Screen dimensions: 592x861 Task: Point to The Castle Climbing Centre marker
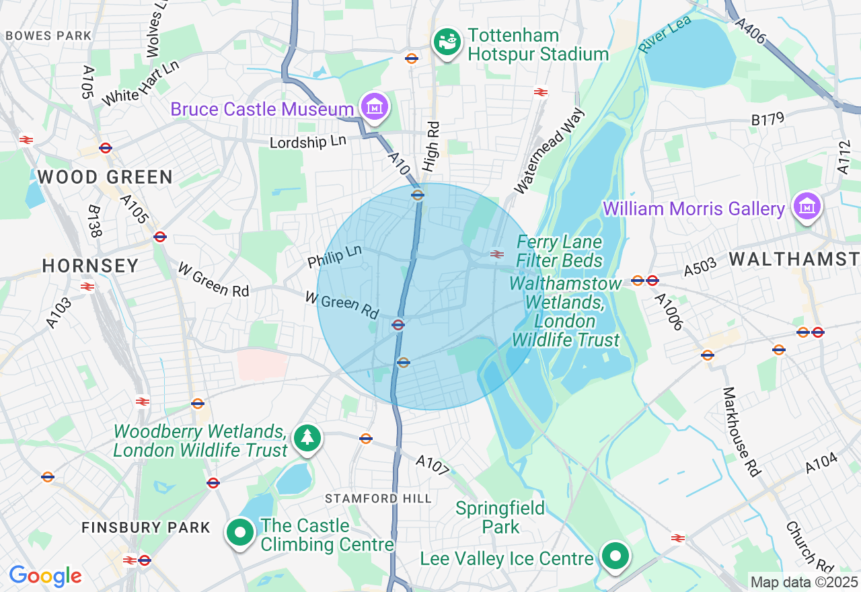click(x=240, y=533)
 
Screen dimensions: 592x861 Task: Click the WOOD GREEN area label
click(x=105, y=178)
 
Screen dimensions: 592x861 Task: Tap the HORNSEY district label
click(x=90, y=266)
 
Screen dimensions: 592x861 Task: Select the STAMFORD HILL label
click(x=378, y=498)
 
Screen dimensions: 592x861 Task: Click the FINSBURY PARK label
click(x=146, y=527)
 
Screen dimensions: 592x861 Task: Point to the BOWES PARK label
click(x=48, y=35)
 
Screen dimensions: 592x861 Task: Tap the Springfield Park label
click(x=500, y=517)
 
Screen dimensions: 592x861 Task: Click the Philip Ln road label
click(x=334, y=256)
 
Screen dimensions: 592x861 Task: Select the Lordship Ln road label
click(x=308, y=143)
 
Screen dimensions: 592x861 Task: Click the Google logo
click(x=45, y=576)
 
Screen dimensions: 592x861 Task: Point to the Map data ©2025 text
click(x=804, y=582)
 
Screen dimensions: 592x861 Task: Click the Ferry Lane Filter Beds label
click(x=560, y=251)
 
